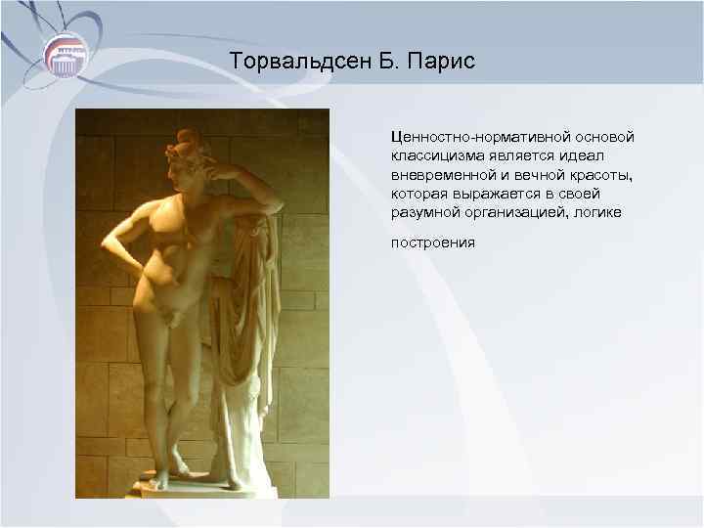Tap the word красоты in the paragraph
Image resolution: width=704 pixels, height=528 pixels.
coord(601,174)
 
